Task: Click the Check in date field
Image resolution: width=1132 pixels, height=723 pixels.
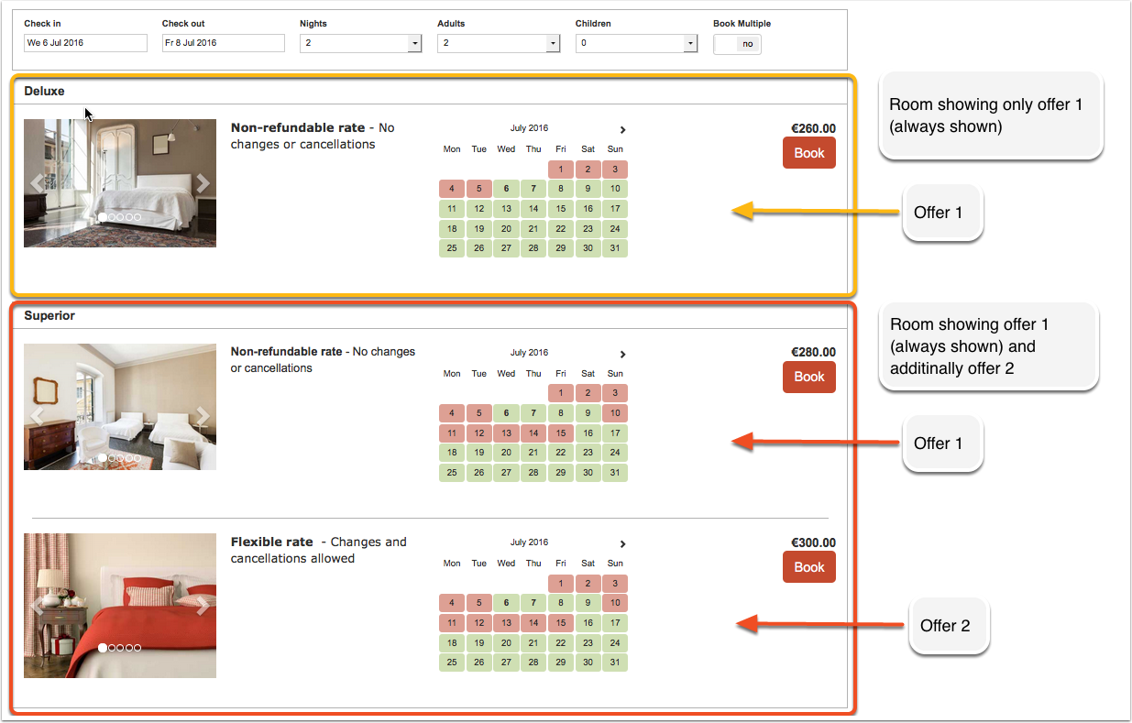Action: tap(85, 43)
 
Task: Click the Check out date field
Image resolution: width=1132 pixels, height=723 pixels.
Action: tap(224, 43)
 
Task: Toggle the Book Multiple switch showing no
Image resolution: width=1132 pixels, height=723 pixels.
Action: tap(737, 44)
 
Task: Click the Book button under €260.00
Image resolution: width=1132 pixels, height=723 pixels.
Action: tap(809, 153)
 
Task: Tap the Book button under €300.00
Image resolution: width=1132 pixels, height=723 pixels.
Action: tap(809, 567)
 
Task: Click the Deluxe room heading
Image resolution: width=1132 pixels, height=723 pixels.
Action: tap(45, 92)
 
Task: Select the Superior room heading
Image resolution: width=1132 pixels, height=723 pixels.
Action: tap(49, 316)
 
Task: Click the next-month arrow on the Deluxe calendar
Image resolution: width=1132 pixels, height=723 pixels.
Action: tap(622, 130)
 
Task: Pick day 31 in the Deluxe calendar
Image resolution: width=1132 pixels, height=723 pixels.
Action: tap(615, 248)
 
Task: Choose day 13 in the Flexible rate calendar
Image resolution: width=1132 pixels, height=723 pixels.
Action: tap(506, 623)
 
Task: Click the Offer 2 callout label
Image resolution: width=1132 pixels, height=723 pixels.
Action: tap(945, 626)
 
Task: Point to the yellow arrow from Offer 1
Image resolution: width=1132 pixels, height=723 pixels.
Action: tap(816, 211)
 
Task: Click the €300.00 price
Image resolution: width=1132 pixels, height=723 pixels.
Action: tap(813, 542)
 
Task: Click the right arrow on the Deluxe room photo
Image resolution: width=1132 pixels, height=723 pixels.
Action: tap(203, 183)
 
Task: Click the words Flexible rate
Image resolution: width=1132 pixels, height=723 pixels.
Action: tap(272, 542)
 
